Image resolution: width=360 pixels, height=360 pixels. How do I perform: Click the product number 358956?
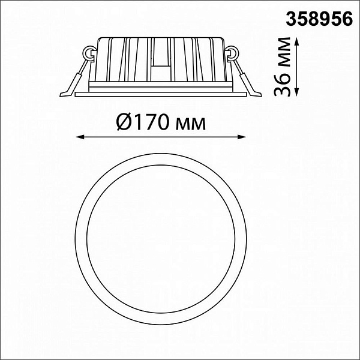(319, 19)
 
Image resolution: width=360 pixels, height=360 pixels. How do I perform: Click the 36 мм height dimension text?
(283, 67)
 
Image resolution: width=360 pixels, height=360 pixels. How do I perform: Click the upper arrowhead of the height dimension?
(296, 41)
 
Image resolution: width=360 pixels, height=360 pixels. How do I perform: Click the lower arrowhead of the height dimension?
(296, 92)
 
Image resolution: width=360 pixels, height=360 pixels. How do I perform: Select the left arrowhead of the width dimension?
(80, 137)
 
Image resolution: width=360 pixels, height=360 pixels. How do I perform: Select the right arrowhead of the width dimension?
(242, 137)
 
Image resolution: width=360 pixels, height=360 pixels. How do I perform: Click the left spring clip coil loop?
(89, 54)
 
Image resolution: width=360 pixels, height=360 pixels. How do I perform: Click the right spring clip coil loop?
(232, 54)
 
